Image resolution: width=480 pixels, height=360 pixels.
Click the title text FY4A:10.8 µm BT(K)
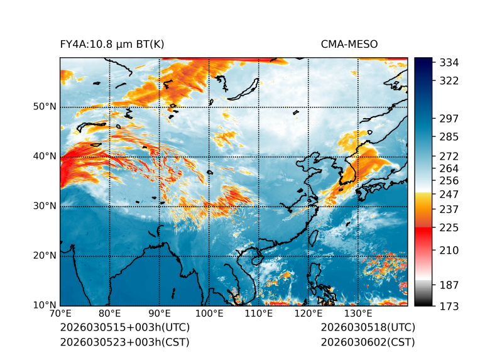112,44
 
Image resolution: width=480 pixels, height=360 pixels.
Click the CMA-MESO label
349,44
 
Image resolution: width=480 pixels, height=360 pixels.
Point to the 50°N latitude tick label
45,106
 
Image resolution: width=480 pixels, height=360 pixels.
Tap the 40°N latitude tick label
45,156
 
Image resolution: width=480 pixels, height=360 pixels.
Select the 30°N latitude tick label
45,206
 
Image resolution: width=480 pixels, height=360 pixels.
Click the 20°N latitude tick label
45,256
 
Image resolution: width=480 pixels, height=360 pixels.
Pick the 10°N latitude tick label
45,306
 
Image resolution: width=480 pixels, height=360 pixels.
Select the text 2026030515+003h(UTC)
124,327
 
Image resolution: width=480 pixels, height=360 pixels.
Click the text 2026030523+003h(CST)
124,342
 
